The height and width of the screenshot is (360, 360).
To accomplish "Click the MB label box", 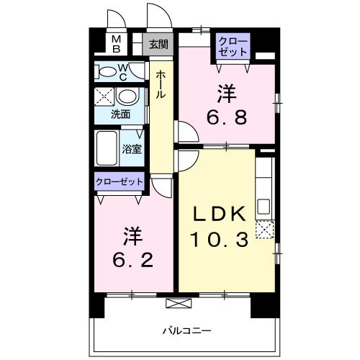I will pyautogui.click(x=116, y=44).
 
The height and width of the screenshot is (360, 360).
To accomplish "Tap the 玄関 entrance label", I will pyautogui.click(x=158, y=44).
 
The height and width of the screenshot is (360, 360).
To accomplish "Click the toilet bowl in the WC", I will pyautogui.click(x=107, y=71).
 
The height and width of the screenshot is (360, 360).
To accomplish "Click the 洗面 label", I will pyautogui.click(x=120, y=114).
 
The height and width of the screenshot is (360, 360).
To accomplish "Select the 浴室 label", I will pyautogui.click(x=131, y=150).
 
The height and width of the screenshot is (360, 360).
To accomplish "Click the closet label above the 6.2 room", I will pyautogui.click(x=120, y=181).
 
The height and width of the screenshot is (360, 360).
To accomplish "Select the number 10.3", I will pyautogui.click(x=220, y=238).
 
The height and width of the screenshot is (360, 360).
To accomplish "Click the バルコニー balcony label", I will pyautogui.click(x=186, y=330).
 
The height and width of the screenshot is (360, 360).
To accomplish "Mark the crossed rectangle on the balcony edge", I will pyautogui.click(x=175, y=302).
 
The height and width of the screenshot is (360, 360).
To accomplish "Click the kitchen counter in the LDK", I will pyautogui.click(x=264, y=186).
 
